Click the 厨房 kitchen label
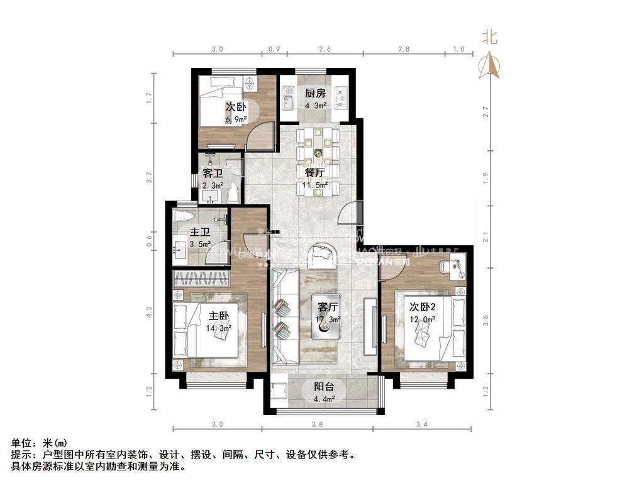pyautogui.click(x=315, y=93)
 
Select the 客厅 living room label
pyautogui.click(x=328, y=307)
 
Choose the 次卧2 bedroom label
pyautogui.click(x=423, y=307)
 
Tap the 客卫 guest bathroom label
pyautogui.click(x=213, y=173)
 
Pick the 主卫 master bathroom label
pyautogui.click(x=200, y=232)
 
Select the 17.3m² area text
pyautogui.click(x=328, y=319)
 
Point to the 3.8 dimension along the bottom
pyautogui.click(x=317, y=425)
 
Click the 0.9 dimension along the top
pyautogui.click(x=274, y=48)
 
